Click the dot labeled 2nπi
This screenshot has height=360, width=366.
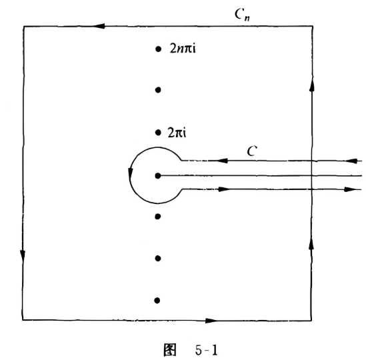[x=158, y=49]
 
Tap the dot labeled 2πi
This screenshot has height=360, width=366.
[x=158, y=133]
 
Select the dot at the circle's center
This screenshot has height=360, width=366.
[x=158, y=175]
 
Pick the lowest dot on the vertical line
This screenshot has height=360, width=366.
[x=157, y=301]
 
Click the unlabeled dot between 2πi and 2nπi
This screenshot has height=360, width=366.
[x=158, y=90]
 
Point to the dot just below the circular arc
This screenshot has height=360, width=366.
[x=158, y=217]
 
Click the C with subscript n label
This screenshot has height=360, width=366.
[x=242, y=15]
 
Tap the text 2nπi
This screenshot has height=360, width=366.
[x=183, y=49]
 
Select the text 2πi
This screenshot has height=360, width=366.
[x=177, y=133]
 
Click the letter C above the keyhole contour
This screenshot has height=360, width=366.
[x=252, y=151]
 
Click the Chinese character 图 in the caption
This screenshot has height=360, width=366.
[x=170, y=350]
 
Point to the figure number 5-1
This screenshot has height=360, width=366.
[x=207, y=350]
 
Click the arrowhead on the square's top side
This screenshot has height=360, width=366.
[x=99, y=26]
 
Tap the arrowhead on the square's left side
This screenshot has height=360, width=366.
[x=23, y=256]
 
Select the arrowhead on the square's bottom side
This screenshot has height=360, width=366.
[x=211, y=321]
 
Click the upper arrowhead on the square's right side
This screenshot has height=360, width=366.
[x=312, y=84]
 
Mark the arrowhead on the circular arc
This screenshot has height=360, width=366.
[x=131, y=173]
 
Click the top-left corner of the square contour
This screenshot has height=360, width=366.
[x=23, y=27]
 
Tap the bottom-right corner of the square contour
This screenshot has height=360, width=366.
[x=311, y=320]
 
